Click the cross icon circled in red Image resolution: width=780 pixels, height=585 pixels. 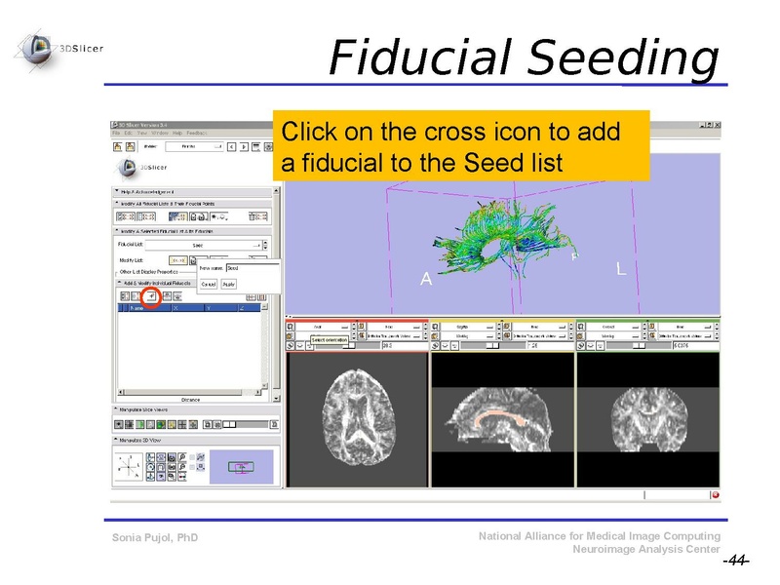click(151, 294)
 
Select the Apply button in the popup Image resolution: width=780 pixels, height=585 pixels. click(228, 284)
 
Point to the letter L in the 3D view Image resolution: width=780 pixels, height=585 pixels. click(621, 268)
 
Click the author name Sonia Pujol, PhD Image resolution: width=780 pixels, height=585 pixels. click(155, 538)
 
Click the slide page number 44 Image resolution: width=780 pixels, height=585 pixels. click(735, 561)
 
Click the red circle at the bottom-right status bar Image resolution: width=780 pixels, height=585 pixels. click(715, 494)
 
